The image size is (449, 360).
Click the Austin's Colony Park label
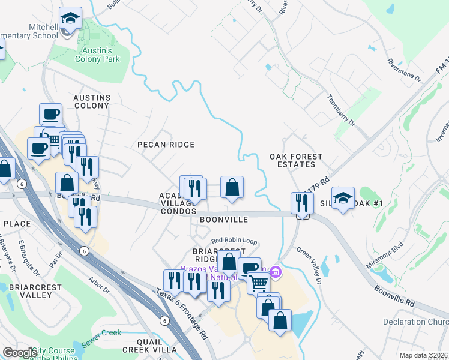tap(97, 55)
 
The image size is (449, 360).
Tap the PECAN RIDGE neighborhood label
tap(166, 145)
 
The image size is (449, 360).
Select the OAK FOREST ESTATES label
tap(296, 160)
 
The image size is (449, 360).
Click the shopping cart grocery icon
tap(258, 281)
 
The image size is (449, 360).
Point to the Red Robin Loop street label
tap(234, 241)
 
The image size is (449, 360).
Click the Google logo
tap(20, 353)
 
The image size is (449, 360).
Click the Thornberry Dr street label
tap(341, 109)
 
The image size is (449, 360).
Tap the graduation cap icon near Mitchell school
tap(71, 19)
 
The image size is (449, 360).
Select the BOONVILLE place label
tap(224, 220)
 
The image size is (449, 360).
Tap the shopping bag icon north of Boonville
tap(232, 188)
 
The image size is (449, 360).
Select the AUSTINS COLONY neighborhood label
tap(91, 101)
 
